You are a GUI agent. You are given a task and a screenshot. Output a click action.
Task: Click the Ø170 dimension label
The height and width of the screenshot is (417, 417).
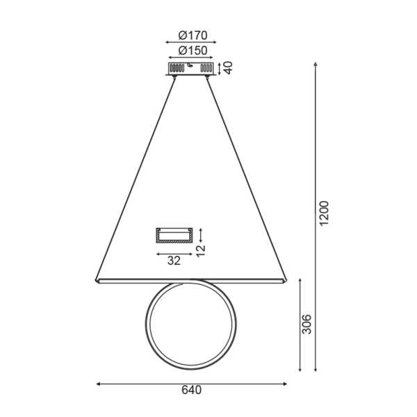tap(190, 35)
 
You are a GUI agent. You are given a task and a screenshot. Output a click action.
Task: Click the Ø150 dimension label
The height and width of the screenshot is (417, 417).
tap(190, 50)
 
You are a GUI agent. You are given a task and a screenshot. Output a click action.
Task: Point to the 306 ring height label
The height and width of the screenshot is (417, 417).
tap(308, 325)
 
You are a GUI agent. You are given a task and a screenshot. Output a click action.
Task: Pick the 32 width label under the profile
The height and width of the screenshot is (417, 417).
tap(174, 261)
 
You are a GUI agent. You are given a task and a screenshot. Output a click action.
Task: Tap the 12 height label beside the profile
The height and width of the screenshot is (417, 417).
tap(201, 250)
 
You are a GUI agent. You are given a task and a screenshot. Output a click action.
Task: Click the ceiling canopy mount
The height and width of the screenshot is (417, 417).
tap(190, 68)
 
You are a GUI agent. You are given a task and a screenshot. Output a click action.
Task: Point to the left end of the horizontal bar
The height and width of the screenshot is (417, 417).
tap(97, 280)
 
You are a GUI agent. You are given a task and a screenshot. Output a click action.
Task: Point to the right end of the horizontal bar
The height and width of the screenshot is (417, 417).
tap(284, 280)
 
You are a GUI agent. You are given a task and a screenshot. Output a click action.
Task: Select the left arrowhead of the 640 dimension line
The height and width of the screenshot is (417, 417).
tap(98, 383)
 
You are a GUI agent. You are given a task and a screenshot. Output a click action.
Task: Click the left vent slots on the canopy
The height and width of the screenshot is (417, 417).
tap(177, 68)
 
